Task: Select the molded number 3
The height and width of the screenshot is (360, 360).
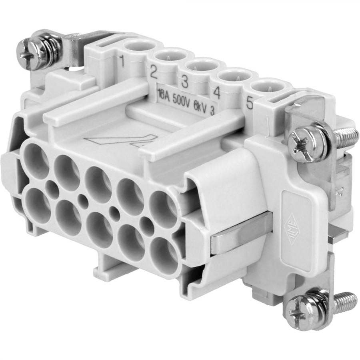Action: point(184,82)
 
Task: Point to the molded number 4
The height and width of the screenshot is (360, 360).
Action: point(216,93)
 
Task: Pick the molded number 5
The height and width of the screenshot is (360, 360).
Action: point(249,104)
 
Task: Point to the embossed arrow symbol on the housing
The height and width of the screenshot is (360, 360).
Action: point(120,141)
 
